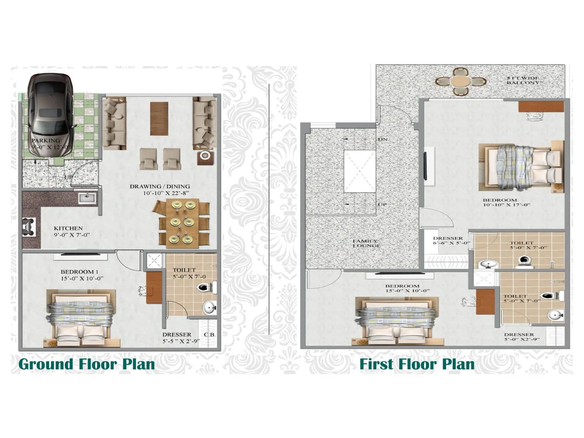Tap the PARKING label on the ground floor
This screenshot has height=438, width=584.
(46, 141)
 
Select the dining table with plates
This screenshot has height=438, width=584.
(181, 223)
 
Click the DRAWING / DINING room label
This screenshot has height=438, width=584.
(160, 187)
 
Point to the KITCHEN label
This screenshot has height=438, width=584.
(68, 228)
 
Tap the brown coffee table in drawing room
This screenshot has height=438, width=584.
(159, 118)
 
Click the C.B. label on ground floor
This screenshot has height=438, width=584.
(210, 335)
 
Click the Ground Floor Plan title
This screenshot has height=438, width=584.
(87, 364)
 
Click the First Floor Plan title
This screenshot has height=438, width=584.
(417, 364)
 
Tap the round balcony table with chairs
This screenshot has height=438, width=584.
(460, 81)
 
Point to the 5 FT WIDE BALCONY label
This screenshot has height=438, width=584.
(523, 80)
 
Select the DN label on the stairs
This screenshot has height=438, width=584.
(383, 139)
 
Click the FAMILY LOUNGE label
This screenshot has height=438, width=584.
(366, 243)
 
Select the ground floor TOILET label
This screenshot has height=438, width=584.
(184, 270)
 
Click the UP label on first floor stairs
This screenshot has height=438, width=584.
(382, 204)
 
